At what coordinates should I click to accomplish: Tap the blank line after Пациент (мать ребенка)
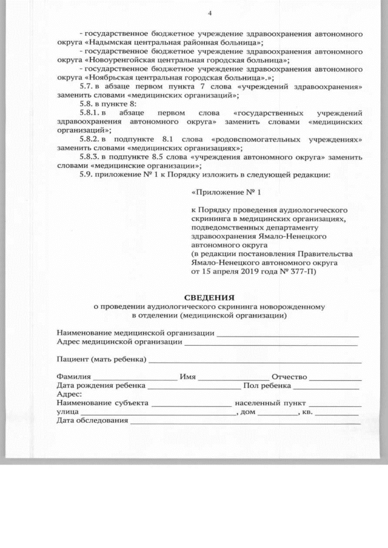[x=255, y=360]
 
